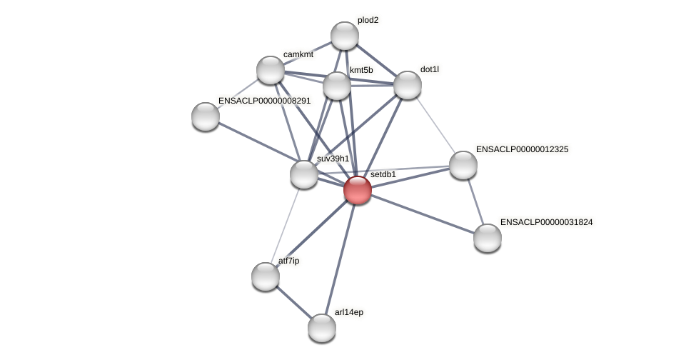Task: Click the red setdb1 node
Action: [x=357, y=190]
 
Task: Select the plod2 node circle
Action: [x=344, y=36]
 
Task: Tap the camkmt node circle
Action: [x=270, y=70]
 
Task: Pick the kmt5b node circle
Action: [x=337, y=86]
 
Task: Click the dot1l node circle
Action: [x=407, y=85]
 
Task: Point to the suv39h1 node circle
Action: [x=303, y=174]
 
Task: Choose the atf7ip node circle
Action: [x=265, y=276]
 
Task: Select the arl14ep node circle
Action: [x=321, y=328]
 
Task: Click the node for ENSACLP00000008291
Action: [x=205, y=116]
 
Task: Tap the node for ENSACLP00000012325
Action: [x=463, y=165]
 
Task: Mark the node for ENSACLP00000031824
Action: [x=487, y=238]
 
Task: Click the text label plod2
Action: [x=368, y=20]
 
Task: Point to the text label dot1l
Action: [x=429, y=69]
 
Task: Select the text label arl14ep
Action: [x=348, y=312]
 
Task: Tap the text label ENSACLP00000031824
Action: [x=546, y=222]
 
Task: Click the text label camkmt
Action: [x=298, y=54]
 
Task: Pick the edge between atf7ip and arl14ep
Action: [x=293, y=302]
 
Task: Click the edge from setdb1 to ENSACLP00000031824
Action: [x=422, y=214]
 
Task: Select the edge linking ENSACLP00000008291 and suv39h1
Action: [x=254, y=145]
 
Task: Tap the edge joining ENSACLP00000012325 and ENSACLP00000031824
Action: [x=475, y=201]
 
